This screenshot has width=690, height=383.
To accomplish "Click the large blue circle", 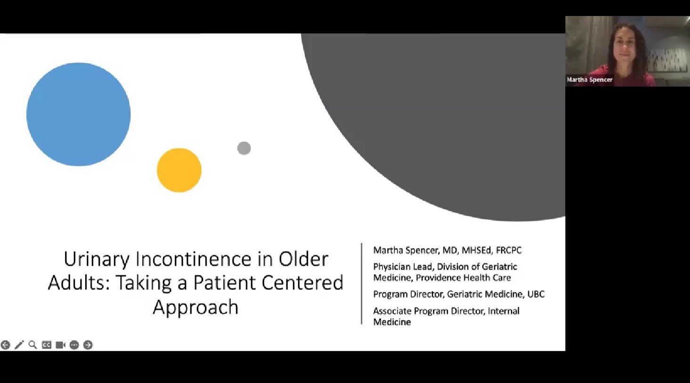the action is click(79, 114).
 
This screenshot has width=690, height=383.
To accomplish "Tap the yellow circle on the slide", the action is click(179, 171).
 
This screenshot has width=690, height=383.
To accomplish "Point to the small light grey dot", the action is click(244, 148).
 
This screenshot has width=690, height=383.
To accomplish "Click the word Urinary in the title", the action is click(97, 260).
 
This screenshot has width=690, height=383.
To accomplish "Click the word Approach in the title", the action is click(195, 307).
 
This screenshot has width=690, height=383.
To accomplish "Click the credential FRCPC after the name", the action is click(509, 250).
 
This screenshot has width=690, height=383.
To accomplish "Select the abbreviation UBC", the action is click(536, 294).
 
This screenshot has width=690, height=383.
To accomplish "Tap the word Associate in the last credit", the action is click(392, 311).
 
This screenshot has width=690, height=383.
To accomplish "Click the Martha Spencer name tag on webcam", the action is click(590, 80).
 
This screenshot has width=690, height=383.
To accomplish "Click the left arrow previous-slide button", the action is click(5, 345).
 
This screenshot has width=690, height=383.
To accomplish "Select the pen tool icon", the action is click(19, 345).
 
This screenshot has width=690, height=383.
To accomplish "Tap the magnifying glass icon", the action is click(32, 345).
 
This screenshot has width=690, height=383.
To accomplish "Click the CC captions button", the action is click(47, 345).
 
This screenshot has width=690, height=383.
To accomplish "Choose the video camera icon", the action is click(60, 345).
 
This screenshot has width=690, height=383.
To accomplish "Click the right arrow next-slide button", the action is click(88, 345).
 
